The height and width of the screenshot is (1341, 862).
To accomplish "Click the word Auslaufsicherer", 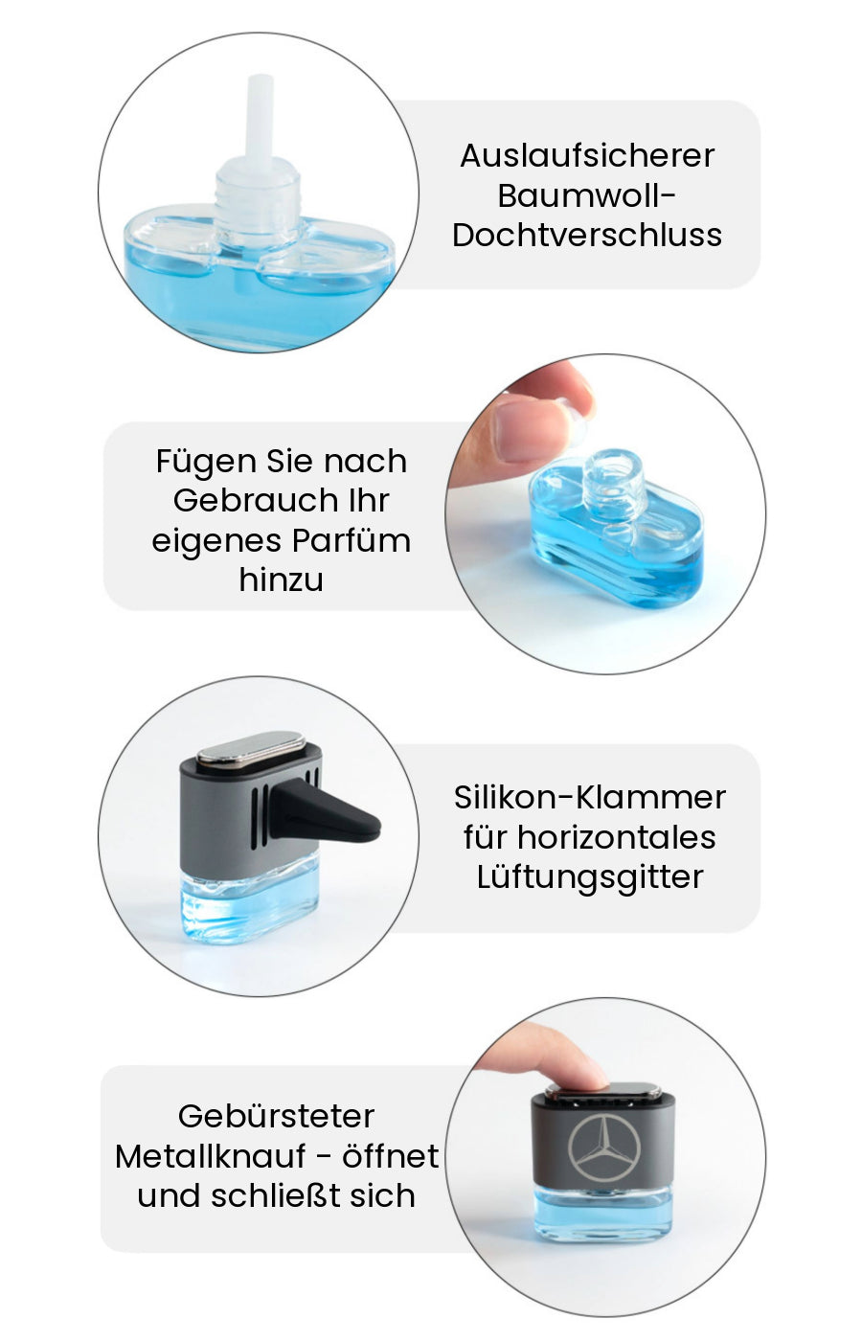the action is [587, 155].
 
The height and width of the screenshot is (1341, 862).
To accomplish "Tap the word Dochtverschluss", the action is [587, 235].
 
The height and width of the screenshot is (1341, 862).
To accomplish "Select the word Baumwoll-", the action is [586, 195].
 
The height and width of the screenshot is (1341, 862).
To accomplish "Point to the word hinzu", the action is [281, 580].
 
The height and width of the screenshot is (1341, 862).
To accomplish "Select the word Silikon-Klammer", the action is [590, 797].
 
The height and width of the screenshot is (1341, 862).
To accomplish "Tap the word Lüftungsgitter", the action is [590, 877].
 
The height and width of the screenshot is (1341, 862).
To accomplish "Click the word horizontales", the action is [616, 837].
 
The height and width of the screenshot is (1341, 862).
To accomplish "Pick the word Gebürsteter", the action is [276, 1116].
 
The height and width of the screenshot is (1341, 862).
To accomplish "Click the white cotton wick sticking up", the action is [260, 117].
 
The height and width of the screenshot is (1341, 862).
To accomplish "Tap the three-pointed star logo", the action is [604, 1148].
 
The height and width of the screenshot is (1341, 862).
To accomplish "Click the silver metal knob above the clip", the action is [252, 747].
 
